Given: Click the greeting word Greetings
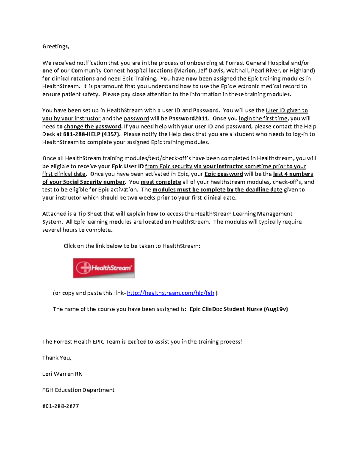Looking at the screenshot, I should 55,47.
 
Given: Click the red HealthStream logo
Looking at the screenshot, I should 103,268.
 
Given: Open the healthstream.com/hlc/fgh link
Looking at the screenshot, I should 170,293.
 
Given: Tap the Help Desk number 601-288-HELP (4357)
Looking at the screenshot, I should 92,134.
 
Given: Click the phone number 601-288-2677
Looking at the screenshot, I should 61,406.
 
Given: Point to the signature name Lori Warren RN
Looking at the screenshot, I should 62,374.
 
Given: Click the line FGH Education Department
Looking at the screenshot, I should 78,390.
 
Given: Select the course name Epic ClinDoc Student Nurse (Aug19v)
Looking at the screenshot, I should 238,309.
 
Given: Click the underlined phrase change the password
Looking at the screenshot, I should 92,126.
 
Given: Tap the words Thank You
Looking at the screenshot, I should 57,358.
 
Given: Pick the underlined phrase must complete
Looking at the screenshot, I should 160,182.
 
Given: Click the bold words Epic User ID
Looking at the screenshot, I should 127,166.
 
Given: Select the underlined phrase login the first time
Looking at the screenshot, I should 263,119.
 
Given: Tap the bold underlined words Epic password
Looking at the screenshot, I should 223,174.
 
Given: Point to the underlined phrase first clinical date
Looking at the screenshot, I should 64,174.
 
